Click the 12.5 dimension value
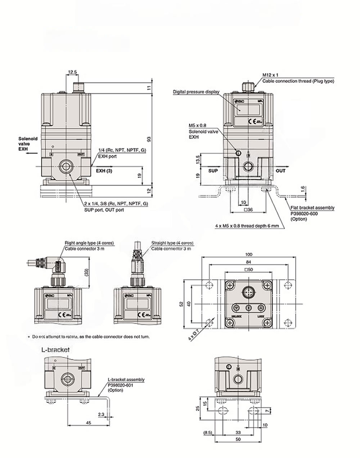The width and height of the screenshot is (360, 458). (72, 72)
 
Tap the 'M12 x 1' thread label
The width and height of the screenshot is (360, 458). (271, 75)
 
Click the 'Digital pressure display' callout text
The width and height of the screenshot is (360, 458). (196, 92)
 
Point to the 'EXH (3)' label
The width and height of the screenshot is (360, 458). (103, 171)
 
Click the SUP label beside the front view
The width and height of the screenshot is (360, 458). (213, 170)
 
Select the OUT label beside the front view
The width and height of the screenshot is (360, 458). (280, 170)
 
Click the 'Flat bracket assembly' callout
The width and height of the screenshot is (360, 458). (312, 208)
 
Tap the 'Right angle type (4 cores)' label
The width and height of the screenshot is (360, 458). (89, 243)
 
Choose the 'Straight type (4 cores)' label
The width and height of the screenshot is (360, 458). (172, 243)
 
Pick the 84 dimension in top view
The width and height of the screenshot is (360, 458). (248, 262)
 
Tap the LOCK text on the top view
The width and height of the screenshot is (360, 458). (261, 316)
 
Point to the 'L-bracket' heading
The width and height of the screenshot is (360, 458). (55, 350)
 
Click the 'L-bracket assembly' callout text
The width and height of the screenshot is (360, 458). (126, 379)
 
